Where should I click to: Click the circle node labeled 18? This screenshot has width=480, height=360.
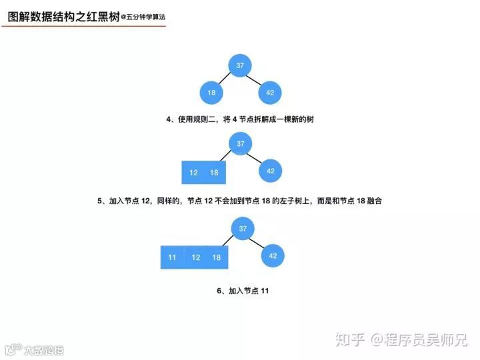[211, 93]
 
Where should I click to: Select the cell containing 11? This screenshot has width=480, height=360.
[172, 257]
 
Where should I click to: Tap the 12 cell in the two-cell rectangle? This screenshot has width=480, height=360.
[193, 172]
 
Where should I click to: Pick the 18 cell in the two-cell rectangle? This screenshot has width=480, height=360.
[215, 172]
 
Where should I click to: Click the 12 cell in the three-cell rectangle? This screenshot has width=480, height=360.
[195, 257]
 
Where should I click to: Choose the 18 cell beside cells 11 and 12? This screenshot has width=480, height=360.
[217, 257]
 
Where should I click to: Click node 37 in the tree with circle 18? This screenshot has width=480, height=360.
[241, 65]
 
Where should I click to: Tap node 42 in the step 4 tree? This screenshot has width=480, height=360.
[270, 93]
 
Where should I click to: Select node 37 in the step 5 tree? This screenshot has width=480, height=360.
[241, 143]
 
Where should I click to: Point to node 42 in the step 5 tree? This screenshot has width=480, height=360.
[271, 171]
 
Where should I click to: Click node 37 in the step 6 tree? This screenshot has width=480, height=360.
[243, 229]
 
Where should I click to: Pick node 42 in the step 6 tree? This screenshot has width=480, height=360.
[273, 255]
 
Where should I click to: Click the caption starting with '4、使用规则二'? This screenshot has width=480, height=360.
[240, 119]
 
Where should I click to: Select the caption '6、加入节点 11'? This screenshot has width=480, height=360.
[243, 291]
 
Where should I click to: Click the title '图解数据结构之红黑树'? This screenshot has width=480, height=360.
[63, 17]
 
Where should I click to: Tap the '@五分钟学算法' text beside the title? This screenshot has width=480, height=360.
[143, 18]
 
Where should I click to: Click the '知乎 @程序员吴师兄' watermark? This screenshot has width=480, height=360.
[401, 340]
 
